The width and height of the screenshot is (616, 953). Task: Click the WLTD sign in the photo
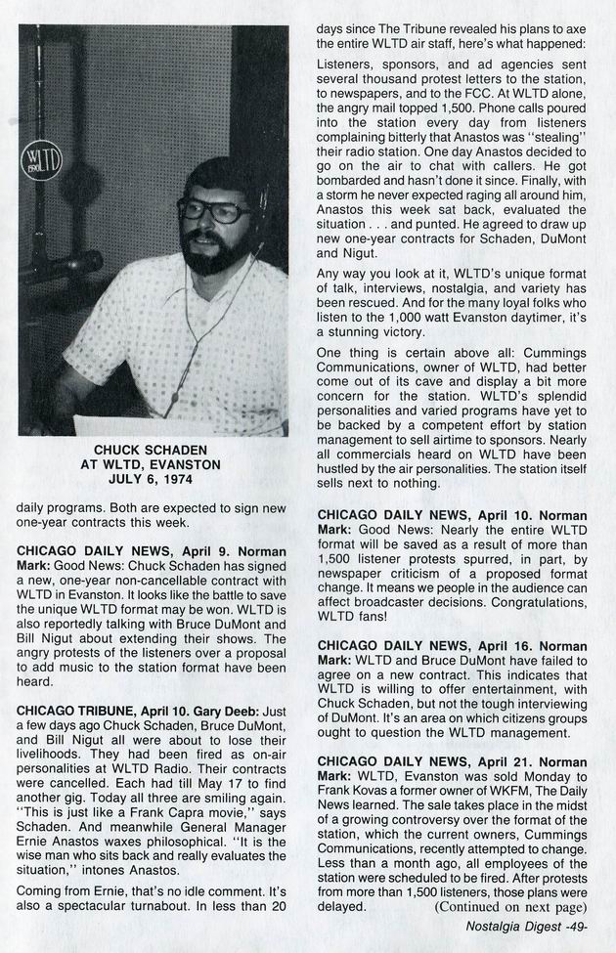42,159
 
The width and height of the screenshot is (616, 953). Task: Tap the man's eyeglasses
213,210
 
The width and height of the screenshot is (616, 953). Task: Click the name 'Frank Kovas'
356,793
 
